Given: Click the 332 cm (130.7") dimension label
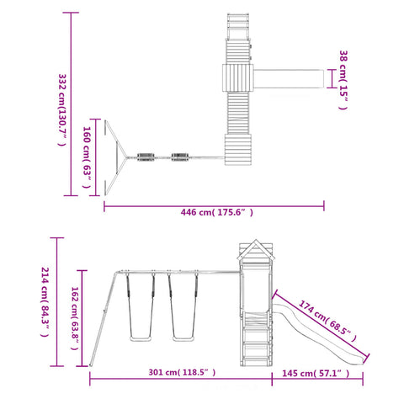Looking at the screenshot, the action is [62, 109].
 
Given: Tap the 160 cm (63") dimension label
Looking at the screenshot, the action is [87, 157].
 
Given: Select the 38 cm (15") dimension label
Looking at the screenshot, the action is [343, 80].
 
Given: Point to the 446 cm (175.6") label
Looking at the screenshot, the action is [216, 212].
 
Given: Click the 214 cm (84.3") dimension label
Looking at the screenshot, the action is [45, 301].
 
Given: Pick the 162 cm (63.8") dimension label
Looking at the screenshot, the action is [75, 318].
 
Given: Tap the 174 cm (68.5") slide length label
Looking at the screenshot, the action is [327, 321].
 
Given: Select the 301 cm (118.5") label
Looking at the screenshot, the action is [182, 372].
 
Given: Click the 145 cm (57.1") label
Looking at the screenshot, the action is [316, 373].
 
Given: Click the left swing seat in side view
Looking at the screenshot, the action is [141, 339].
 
